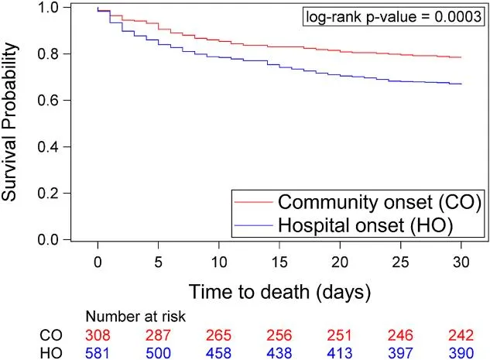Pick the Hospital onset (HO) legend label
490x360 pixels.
[360, 225]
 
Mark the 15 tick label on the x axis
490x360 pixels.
[279, 263]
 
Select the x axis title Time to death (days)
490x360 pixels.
[279, 292]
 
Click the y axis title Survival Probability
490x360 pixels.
[10, 124]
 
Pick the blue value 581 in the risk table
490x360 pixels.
[98, 352]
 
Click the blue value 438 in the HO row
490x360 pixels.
[279, 352]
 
